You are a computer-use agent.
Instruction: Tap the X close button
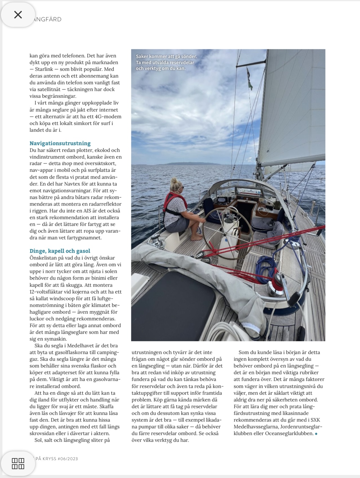pos(18,15)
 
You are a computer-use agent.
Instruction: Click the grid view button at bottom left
pos(18,463)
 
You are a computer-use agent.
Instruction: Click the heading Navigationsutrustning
pos(60,143)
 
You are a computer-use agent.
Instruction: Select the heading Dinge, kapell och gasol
pos(60,251)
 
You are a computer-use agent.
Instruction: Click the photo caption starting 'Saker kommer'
pos(166,62)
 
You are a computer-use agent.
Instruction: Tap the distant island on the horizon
pos(193,164)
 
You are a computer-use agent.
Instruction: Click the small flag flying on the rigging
pos(250,79)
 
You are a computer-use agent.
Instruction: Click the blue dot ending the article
pos(316,434)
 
